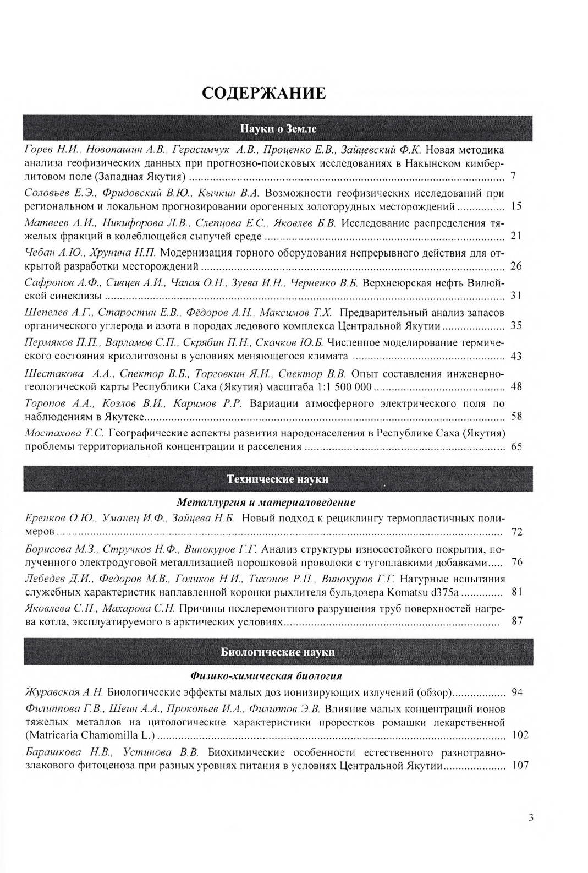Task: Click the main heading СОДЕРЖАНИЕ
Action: pos(263,93)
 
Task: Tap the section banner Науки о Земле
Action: pos(278,129)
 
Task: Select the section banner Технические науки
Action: pos(278,479)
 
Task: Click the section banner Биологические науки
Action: pos(278,652)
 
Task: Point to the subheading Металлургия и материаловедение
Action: pos(266,503)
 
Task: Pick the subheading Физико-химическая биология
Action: pos(266,675)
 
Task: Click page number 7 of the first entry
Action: pos(513,177)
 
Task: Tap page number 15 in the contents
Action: pos(516,207)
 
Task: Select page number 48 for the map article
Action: pos(516,386)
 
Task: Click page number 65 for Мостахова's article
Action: pos(516,446)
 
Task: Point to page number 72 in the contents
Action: pos(516,532)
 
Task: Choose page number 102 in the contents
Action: pos(519,735)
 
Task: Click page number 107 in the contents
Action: pos(519,765)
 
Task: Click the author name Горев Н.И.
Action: pos(46,149)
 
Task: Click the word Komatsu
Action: pos(406,592)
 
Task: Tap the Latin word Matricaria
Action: pos(54,735)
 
